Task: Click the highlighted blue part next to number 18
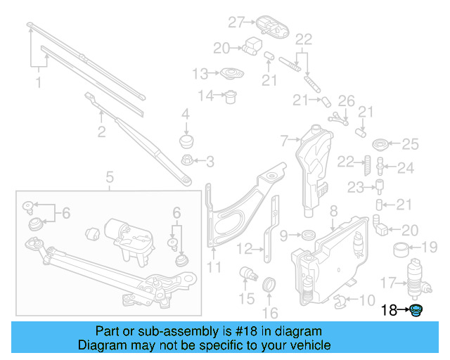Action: (417, 311)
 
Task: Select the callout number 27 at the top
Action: (235, 22)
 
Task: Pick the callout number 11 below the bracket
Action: (214, 267)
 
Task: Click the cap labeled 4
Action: (187, 140)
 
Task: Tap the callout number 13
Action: (200, 73)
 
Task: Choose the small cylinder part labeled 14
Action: (230, 97)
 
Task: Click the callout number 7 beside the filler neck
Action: (285, 141)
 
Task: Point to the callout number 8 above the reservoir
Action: (333, 210)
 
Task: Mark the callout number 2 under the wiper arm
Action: (101, 131)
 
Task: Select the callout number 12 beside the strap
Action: (244, 248)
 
